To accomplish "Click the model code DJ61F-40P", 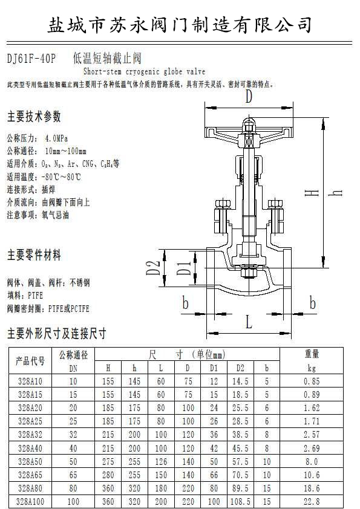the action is (31, 59).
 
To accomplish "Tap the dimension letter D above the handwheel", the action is (249, 96).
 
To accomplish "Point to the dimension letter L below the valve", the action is (249, 322).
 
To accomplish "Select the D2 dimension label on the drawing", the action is (153, 268).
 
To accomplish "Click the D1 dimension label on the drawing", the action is (184, 268).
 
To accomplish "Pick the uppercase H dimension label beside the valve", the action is (312, 193).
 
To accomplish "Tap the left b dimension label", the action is (186, 303).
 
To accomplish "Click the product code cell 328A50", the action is (30, 462).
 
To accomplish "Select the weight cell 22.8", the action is (312, 502).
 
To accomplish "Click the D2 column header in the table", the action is (240, 368).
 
